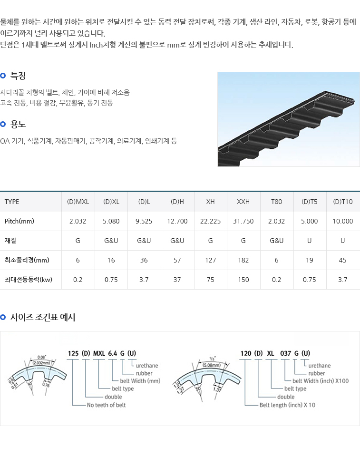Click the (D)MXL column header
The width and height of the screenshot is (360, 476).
[78, 202]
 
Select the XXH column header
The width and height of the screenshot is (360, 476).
[243, 202]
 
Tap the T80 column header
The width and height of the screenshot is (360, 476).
[276, 202]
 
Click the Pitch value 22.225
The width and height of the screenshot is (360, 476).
[210, 221]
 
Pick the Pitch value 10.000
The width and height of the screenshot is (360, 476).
[343, 221]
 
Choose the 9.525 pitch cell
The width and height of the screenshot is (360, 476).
[144, 221]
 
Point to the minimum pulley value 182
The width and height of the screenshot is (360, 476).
[243, 260]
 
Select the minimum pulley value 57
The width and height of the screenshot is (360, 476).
[177, 260]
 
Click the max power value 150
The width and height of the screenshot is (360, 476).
[243, 280]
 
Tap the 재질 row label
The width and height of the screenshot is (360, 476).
[10, 241]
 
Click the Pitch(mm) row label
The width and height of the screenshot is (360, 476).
[19, 221]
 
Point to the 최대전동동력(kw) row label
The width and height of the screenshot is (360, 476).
[28, 280]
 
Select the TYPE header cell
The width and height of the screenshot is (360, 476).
[12, 202]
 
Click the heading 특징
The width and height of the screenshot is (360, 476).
[18, 76]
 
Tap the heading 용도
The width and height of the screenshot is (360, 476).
[18, 124]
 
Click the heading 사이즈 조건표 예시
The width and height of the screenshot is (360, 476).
[43, 317]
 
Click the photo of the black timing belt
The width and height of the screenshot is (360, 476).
[289, 119]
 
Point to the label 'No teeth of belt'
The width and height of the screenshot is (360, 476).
[106, 405]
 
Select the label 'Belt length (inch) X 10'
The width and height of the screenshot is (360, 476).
[287, 405]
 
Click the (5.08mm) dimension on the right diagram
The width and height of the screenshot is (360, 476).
[212, 365]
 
